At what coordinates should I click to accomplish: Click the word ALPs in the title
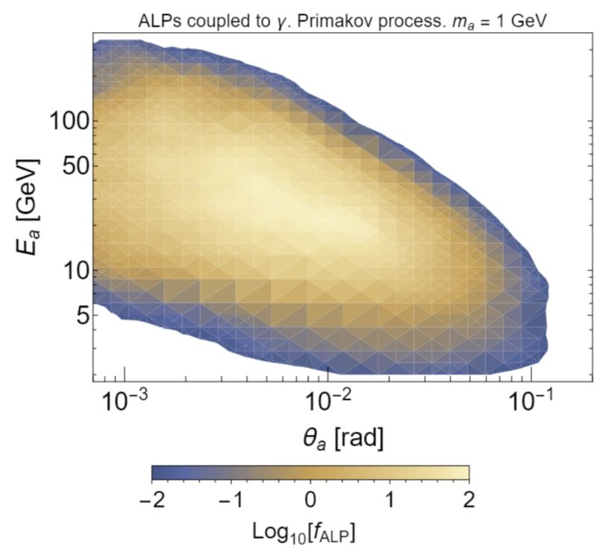[157, 22]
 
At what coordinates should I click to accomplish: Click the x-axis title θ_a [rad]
[328, 442]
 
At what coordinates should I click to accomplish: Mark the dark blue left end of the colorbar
[157, 474]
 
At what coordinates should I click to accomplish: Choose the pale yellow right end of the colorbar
[463, 474]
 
